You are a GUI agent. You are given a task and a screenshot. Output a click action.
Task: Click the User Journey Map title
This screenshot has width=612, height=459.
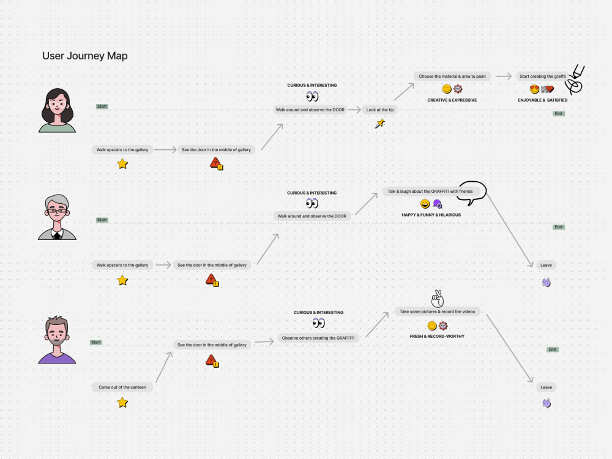(x=84, y=56)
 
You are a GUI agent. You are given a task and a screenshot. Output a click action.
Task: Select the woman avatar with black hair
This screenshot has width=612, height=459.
(x=57, y=110)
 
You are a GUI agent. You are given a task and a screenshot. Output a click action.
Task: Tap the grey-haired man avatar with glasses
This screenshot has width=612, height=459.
(x=57, y=217)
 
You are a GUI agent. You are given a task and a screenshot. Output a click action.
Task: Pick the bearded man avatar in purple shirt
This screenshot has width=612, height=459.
(x=57, y=340)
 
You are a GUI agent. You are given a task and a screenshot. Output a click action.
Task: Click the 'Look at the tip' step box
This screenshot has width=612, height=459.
(x=380, y=110)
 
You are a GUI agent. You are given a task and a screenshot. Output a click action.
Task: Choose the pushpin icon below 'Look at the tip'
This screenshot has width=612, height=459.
(x=380, y=124)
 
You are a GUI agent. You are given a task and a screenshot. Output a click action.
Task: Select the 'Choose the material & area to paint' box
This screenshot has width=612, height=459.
(x=452, y=76)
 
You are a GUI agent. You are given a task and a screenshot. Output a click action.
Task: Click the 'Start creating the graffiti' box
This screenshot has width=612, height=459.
(x=542, y=76)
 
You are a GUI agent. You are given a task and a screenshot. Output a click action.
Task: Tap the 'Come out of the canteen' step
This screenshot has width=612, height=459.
(x=122, y=387)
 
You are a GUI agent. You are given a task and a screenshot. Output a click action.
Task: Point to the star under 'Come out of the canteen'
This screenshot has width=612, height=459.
(x=122, y=403)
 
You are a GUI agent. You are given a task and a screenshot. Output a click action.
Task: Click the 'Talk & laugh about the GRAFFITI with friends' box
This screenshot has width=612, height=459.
(x=430, y=191)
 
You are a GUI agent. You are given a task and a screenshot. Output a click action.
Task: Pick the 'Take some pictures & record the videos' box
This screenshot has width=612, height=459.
(x=437, y=312)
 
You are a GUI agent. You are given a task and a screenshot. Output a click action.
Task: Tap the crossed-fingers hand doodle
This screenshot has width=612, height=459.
(x=438, y=299)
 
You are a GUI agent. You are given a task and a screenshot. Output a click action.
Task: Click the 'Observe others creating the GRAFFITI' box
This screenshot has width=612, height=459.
(x=318, y=338)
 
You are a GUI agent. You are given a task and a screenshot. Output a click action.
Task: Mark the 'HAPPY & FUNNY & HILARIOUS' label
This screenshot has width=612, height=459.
(x=431, y=215)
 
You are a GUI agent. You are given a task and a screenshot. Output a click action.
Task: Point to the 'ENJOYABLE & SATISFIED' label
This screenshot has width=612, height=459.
(x=542, y=100)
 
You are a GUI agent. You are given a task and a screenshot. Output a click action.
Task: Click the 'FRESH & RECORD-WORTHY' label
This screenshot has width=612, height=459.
(x=437, y=336)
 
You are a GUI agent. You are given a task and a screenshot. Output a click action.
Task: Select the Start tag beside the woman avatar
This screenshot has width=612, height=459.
(x=102, y=106)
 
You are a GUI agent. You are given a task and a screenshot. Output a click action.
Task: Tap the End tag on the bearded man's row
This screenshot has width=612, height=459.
(x=552, y=349)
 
